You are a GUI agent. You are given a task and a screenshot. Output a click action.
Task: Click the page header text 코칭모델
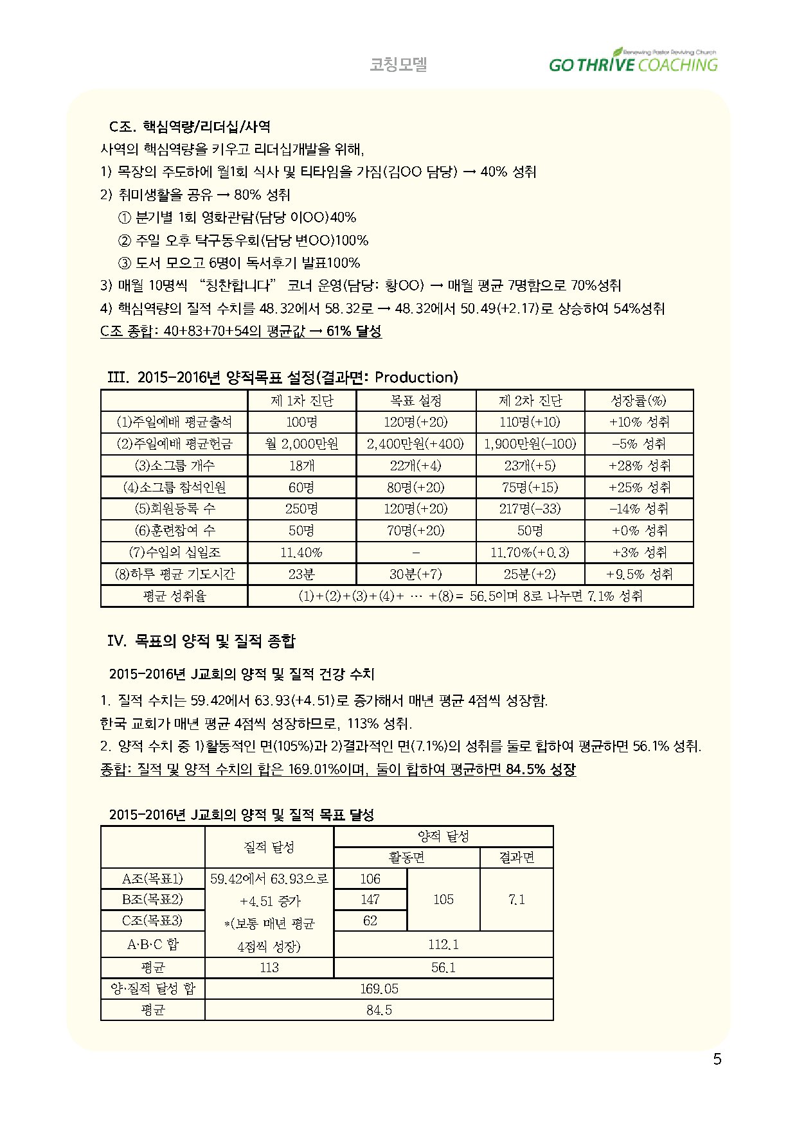pyautogui.click(x=398, y=64)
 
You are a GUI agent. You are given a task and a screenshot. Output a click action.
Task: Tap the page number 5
pyautogui.click(x=717, y=1060)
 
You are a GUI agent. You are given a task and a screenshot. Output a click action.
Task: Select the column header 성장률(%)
pyautogui.click(x=638, y=401)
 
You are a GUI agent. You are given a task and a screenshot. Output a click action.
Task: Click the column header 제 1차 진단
pyautogui.click(x=301, y=401)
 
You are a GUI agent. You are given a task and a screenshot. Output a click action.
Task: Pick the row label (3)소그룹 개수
pyautogui.click(x=174, y=465)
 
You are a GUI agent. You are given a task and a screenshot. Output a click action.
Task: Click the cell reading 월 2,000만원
pyautogui.click(x=301, y=443)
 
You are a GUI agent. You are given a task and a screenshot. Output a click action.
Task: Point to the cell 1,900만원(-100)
pyautogui.click(x=530, y=443)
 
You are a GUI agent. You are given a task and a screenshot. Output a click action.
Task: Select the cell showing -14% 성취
pyautogui.click(x=638, y=509)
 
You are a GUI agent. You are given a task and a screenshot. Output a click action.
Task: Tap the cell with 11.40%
pyautogui.click(x=301, y=553)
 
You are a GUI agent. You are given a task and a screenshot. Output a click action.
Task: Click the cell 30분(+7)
pyautogui.click(x=415, y=574)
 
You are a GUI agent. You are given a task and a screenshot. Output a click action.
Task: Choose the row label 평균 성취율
pyautogui.click(x=174, y=596)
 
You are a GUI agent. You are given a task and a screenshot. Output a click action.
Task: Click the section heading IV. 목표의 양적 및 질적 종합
pyautogui.click(x=201, y=641)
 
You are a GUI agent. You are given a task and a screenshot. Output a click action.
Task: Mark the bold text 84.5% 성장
pyautogui.click(x=541, y=769)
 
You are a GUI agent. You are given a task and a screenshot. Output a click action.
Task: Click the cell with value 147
pyautogui.click(x=370, y=900)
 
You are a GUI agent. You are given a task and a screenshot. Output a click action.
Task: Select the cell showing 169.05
pyautogui.click(x=379, y=989)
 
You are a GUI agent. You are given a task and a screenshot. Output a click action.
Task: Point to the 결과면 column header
pyautogui.click(x=516, y=858)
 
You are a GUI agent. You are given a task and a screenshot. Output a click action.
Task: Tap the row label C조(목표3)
pyautogui.click(x=152, y=921)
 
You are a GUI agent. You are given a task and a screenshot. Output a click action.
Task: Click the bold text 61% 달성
pyautogui.click(x=354, y=332)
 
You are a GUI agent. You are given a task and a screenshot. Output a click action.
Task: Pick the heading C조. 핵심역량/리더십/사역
pyautogui.click(x=190, y=127)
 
